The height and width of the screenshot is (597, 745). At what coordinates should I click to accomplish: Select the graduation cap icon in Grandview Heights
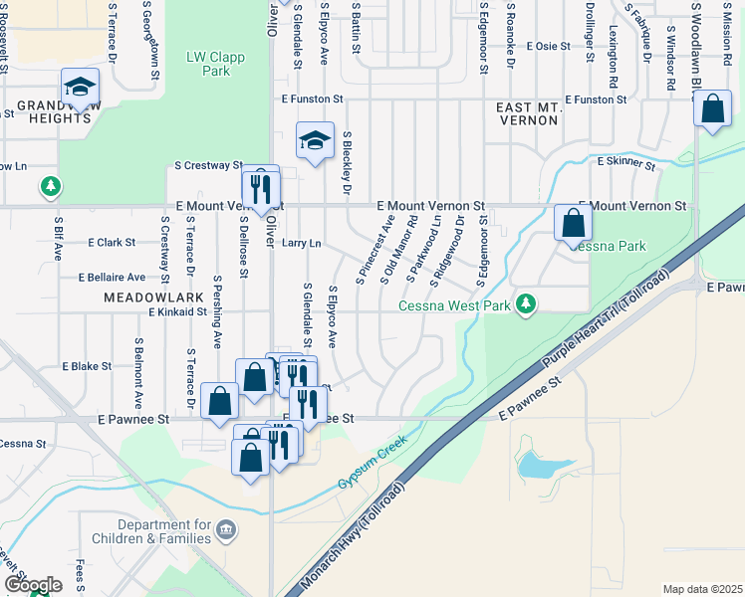coord(80,88)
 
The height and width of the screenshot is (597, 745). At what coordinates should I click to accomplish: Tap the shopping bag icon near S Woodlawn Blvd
coord(713,111)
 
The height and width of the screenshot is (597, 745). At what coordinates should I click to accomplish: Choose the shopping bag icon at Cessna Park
coord(573,225)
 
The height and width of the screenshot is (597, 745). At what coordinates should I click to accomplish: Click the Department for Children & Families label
coord(164,531)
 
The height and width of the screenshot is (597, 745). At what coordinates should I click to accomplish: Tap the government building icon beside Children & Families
coord(226,528)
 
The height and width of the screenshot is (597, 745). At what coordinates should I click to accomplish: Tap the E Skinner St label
coord(626,161)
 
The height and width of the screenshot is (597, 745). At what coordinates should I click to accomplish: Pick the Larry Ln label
coord(302,242)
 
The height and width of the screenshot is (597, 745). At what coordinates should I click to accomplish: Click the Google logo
coord(33,585)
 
